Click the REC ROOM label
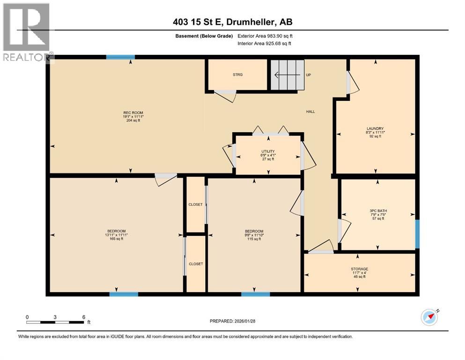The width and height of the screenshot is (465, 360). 133,113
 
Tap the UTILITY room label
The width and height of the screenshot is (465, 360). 268,151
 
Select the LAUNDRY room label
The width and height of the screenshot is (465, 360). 375,129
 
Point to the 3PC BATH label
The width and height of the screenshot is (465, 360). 378,211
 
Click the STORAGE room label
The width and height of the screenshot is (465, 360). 360,269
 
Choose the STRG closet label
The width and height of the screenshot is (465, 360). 237,75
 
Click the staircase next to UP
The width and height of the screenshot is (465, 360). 288,75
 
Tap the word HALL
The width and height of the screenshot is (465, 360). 310,112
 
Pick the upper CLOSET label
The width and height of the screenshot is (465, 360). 195,204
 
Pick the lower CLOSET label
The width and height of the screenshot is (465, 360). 196,264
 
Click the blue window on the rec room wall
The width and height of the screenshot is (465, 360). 120,57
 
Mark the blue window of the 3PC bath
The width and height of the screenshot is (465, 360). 417,234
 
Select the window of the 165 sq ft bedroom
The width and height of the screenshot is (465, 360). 124,294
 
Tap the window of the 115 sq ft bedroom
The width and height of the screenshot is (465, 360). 256,294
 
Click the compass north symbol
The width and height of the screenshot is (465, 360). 430,317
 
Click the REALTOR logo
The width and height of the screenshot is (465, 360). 27,32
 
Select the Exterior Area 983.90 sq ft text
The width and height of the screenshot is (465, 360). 265,36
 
